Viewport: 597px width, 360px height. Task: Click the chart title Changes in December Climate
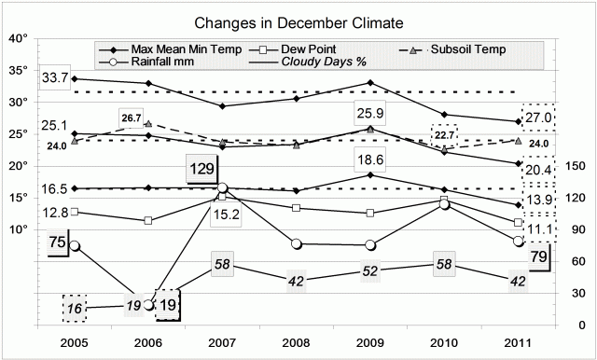298,21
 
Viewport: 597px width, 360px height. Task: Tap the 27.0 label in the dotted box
539,117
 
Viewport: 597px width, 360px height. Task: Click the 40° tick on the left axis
18,39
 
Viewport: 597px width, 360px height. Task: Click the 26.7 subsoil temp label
131,118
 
